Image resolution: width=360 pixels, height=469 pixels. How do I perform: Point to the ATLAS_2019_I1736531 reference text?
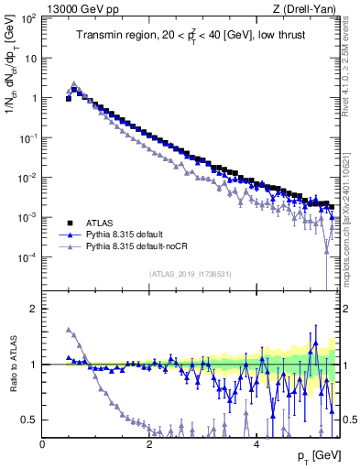point(190,273)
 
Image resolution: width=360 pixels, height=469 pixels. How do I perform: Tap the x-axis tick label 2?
point(149,443)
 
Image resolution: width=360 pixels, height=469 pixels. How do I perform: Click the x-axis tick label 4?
point(256,443)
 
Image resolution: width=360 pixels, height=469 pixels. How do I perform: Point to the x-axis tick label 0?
point(43,443)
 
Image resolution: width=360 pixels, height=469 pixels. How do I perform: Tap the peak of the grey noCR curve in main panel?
point(74,82)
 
